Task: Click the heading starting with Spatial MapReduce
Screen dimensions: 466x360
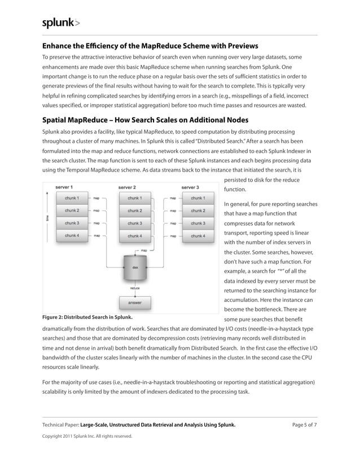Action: pyautogui.click(x=145, y=120)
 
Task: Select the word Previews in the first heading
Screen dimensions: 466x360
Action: pyautogui.click(x=238, y=46)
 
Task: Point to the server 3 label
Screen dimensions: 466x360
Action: pyautogui.click(x=190, y=187)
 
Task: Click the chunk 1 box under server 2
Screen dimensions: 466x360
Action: pyautogui.click(x=134, y=199)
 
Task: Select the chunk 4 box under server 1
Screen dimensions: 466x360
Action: pyautogui.click(x=71, y=235)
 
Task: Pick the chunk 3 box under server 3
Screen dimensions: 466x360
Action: pyautogui.click(x=197, y=223)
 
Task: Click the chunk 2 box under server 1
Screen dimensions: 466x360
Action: pyautogui.click(x=71, y=211)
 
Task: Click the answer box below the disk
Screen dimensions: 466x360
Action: pyautogui.click(x=135, y=302)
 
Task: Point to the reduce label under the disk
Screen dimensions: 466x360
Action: pyautogui.click(x=135, y=288)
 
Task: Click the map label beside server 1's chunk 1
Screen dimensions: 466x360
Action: pyautogui.click(x=96, y=199)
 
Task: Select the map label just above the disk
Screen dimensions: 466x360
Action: pyautogui.click(x=144, y=250)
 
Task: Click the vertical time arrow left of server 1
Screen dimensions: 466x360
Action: pyautogui.click(x=46, y=217)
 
